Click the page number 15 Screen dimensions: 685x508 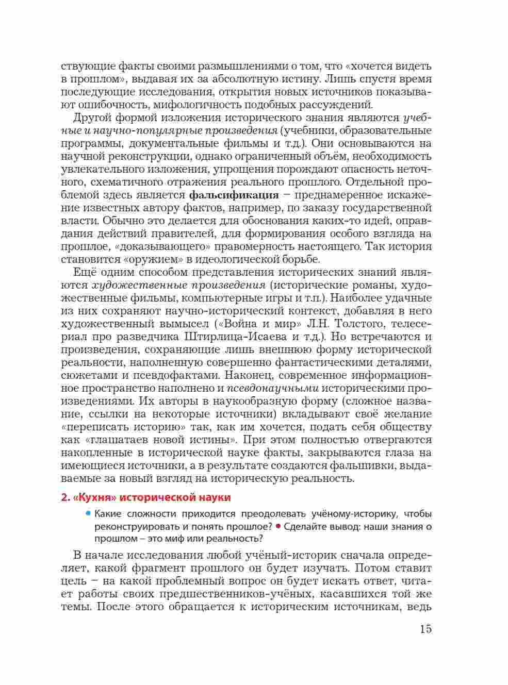[x=425, y=629]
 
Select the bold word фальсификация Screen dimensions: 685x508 [x=234, y=195]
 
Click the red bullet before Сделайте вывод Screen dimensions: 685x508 [x=277, y=526]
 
